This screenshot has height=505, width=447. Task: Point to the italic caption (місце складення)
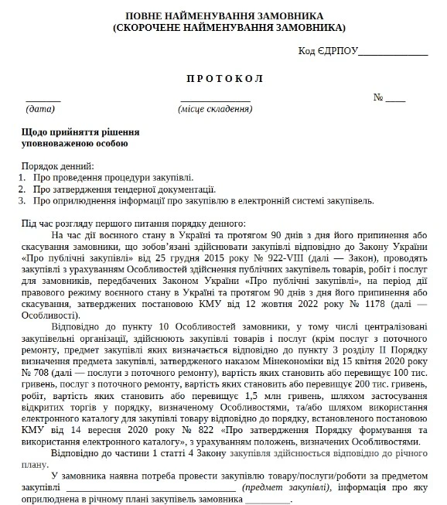[214, 109]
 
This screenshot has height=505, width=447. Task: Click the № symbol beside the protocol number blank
[379, 98]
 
